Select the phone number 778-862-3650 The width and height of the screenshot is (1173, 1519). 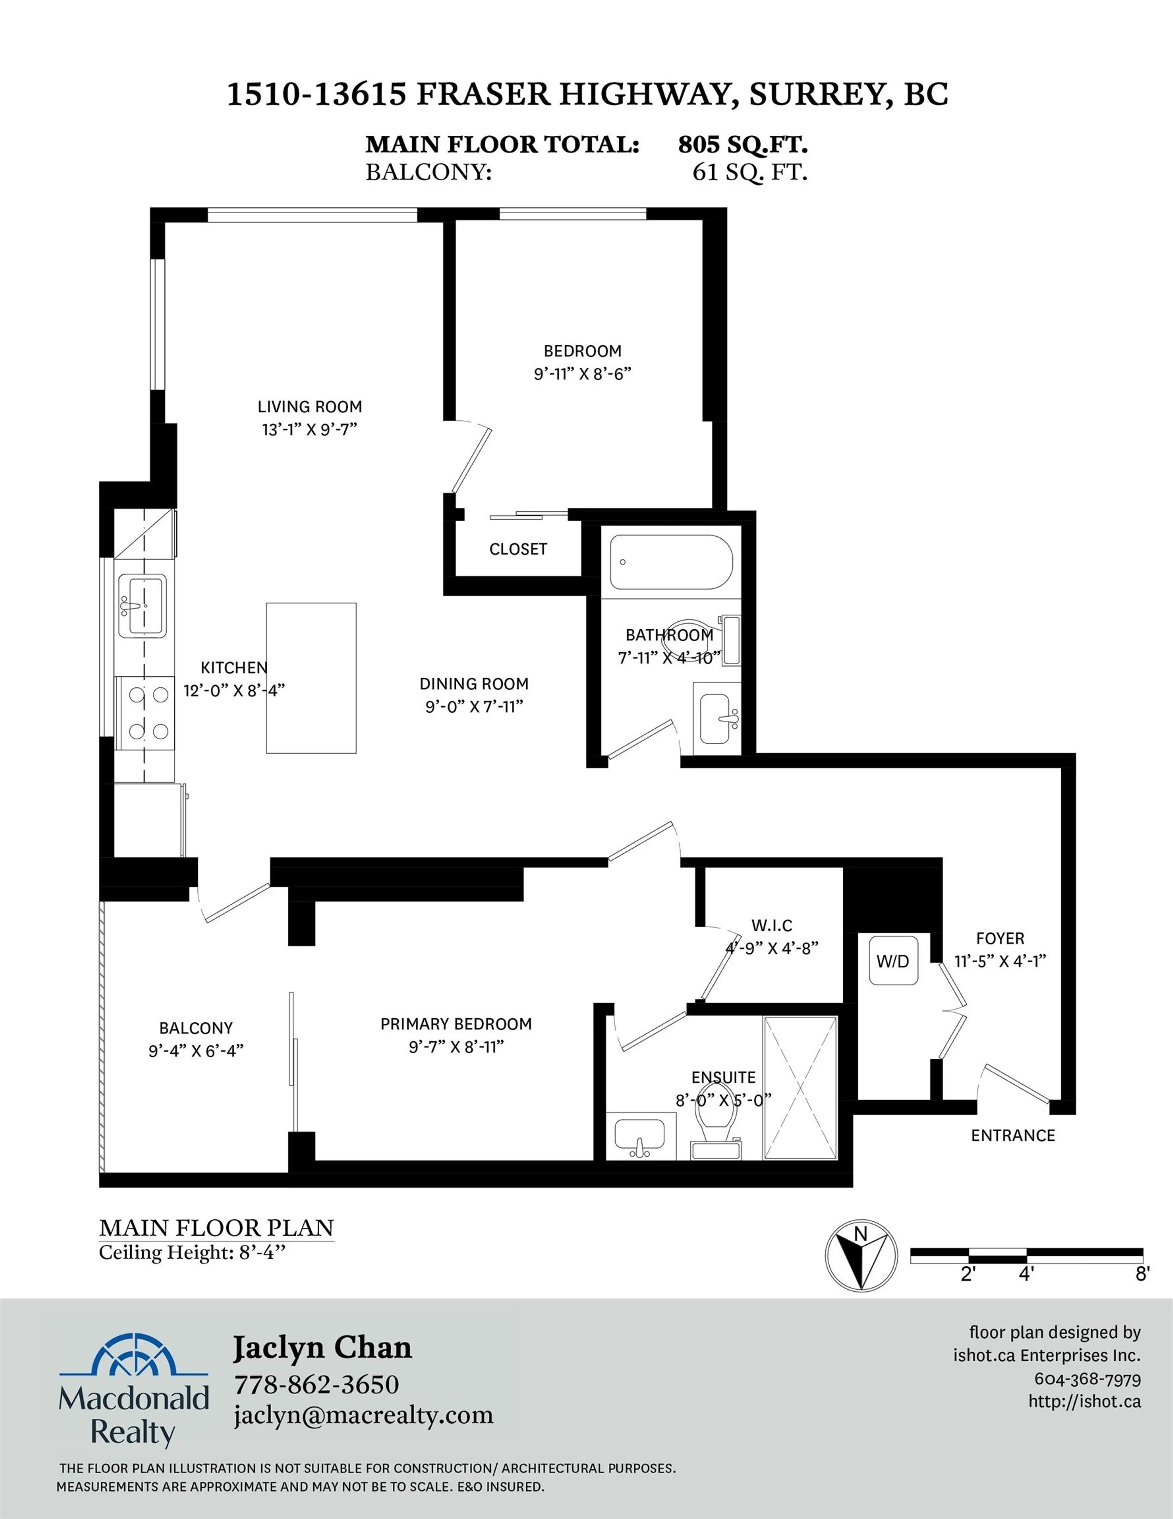pyautogui.click(x=316, y=1384)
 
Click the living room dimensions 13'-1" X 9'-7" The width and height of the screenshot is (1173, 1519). pyautogui.click(x=309, y=429)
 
